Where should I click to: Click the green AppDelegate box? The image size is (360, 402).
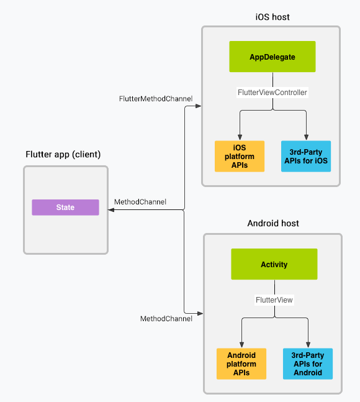[272, 57]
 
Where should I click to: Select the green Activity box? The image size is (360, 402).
[274, 264]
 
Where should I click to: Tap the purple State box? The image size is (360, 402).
[65, 208]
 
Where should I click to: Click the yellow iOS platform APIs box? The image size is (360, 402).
[240, 156]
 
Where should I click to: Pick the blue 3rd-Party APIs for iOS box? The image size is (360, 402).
[305, 156]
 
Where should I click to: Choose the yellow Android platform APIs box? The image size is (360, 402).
[241, 363]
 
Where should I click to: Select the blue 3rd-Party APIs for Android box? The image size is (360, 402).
[307, 363]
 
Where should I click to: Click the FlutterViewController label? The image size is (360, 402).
[272, 93]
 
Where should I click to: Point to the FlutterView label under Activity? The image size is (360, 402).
[274, 299]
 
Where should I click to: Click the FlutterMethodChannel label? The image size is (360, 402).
[156, 99]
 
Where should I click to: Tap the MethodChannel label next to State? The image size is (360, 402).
[140, 203]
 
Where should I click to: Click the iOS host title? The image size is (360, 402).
[272, 17]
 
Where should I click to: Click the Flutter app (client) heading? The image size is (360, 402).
[63, 154]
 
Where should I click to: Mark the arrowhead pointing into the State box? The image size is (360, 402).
[112, 211]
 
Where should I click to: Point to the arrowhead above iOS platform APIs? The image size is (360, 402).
[240, 137]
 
